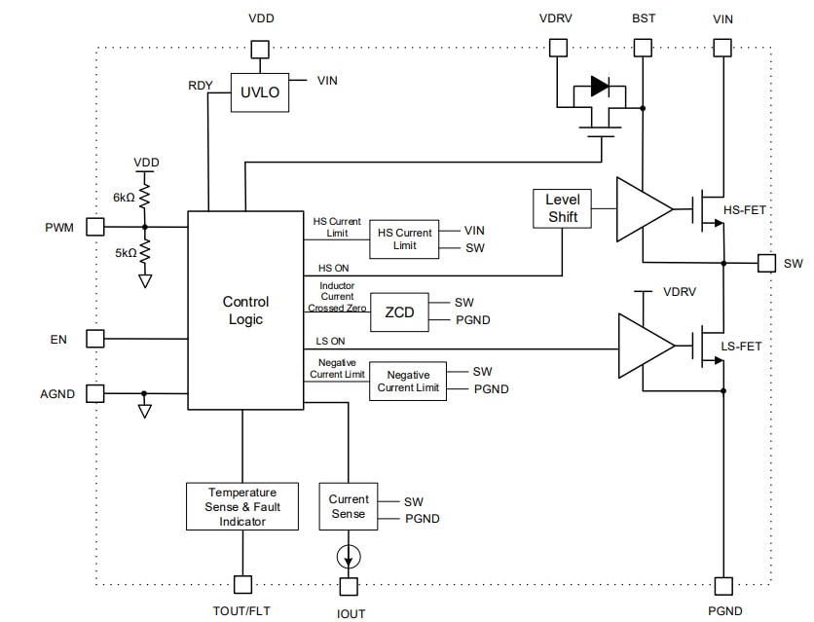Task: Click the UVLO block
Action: [x=259, y=92]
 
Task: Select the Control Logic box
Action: [x=245, y=311]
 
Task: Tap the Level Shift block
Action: [x=562, y=208]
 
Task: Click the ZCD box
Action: [x=398, y=311]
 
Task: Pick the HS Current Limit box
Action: [x=404, y=239]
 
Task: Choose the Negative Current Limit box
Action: [x=408, y=382]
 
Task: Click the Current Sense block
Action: [x=348, y=506]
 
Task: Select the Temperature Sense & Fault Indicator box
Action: [x=241, y=506]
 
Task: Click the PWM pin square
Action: [x=94, y=227]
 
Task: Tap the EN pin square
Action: [x=94, y=339]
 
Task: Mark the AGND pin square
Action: [x=94, y=393]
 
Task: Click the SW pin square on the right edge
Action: [x=766, y=263]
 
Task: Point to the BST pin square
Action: [x=643, y=48]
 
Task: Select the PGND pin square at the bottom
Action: [x=723, y=585]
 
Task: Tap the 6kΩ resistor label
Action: [x=124, y=197]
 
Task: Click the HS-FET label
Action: [x=746, y=210]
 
